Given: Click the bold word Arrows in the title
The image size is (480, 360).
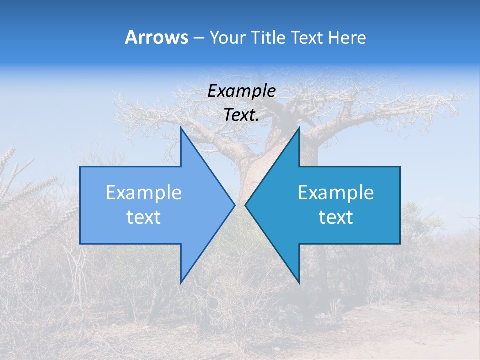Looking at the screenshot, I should coord(156,37).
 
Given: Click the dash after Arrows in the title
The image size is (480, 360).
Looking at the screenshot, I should coord(198,38).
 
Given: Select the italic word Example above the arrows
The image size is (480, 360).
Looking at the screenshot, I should coord(241,91).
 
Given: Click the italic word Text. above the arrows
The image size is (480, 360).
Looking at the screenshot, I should coord(241,115).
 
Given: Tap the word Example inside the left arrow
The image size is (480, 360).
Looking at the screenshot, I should coord(144,192).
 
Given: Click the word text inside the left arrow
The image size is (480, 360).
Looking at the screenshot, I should coord(144,217).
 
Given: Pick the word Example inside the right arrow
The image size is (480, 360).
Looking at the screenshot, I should coord(336,192).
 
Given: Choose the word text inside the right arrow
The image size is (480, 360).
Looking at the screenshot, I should coord(336,217).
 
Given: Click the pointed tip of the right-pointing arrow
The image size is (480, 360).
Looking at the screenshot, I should coord(234,205).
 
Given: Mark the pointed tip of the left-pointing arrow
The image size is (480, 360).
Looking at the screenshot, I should coord(245,205).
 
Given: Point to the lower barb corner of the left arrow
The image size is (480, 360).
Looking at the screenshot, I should coord(181,283).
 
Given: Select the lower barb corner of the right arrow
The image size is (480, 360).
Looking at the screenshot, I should coord(299,283).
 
